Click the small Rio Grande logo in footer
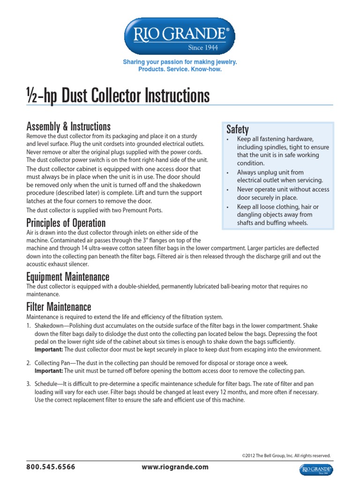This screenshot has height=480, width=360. tap(316, 470)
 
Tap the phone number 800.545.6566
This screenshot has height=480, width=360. tap(51, 467)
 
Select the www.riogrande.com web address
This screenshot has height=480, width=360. tap(175, 467)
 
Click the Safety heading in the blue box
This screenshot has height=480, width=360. tap(237, 129)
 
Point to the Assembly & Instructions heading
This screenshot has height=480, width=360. tap(68, 126)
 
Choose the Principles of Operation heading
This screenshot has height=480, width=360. tap(66, 223)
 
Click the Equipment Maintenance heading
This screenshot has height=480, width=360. tap(68, 277)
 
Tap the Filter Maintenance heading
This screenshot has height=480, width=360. tap(59, 307)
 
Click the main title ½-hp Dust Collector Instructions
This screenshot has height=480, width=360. tap(118, 96)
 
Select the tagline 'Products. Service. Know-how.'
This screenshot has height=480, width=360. tap(180, 69)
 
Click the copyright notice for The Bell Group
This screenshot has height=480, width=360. tap(286, 455)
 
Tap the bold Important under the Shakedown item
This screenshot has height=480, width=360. tap(49, 349)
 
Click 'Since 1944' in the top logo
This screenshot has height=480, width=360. tap(202, 47)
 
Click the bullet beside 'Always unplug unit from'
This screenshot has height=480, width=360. tap(227, 173)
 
